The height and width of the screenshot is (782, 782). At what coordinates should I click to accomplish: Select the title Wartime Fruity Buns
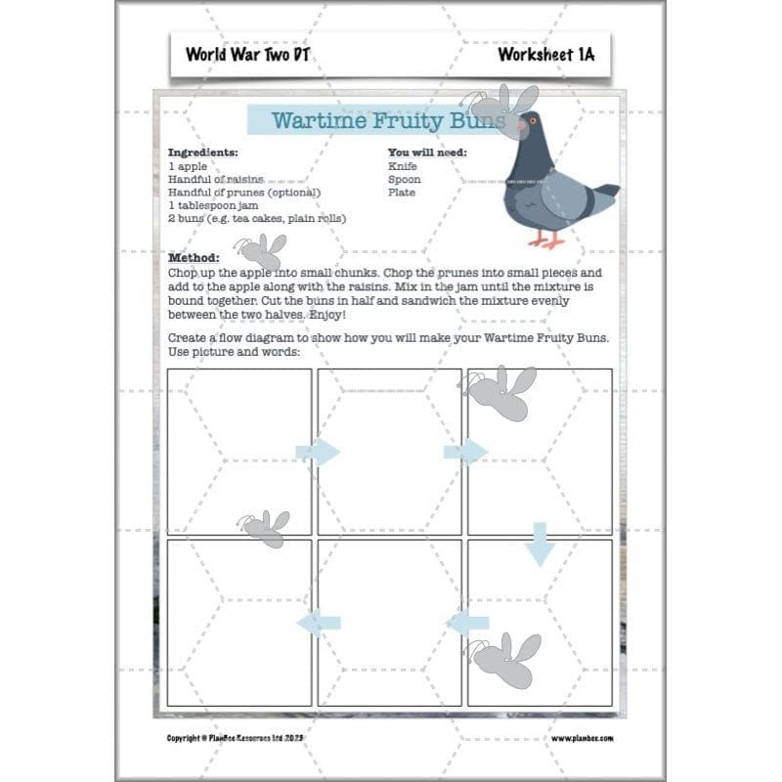tap(388, 121)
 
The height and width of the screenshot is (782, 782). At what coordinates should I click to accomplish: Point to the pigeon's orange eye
tap(534, 121)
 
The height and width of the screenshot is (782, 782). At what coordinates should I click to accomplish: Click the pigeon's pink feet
tap(545, 238)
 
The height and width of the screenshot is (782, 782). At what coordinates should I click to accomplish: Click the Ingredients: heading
tap(202, 153)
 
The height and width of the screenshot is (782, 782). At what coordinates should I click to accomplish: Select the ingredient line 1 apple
tap(188, 167)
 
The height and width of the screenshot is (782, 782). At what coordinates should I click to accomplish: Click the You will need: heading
tap(427, 153)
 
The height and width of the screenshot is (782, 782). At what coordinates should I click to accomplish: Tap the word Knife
tap(402, 167)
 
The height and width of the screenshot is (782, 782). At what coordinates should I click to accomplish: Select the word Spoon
tap(404, 180)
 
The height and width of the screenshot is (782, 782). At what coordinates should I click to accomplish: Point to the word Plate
tap(401, 193)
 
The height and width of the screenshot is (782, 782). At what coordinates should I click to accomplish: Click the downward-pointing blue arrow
tap(539, 543)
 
